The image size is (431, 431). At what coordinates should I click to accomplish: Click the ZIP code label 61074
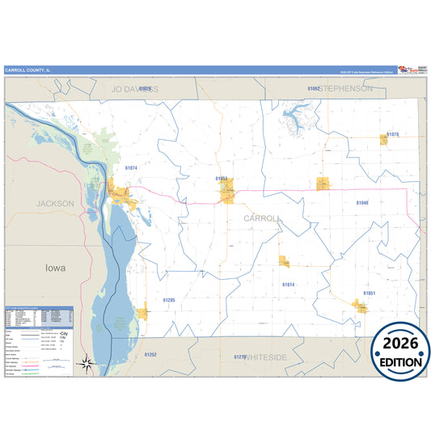[132, 168]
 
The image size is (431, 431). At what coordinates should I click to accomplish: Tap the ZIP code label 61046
[362, 202]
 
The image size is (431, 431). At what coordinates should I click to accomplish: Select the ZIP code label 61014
[289, 285]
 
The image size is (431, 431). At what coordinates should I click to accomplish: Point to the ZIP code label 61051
[370, 292]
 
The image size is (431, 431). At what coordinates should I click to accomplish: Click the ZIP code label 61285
[169, 300]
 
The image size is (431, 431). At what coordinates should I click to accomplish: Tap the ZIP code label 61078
[393, 133]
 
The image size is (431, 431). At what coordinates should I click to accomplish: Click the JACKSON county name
[56, 204]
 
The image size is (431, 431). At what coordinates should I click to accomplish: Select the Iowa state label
[56, 267]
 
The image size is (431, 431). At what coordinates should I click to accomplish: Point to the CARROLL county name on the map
[263, 218]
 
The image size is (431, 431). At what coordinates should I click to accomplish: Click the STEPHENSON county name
[347, 88]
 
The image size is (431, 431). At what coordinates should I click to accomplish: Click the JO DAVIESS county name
[135, 88]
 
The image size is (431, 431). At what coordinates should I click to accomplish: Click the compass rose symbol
[87, 365]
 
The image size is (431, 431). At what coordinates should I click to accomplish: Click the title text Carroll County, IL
[27, 70]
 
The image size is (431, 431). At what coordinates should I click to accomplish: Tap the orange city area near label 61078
[384, 140]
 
